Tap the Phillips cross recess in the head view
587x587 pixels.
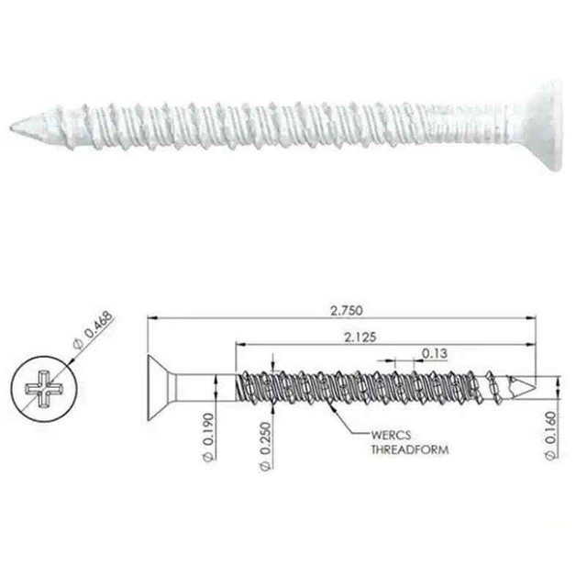44,388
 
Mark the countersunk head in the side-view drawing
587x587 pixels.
160,387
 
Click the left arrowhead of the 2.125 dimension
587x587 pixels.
241,345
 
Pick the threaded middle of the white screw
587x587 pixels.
275,126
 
